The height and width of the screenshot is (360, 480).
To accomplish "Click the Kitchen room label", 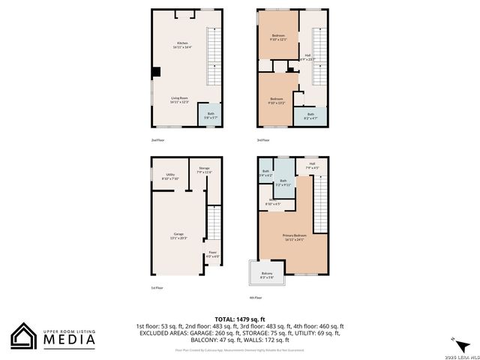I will coord(183,45).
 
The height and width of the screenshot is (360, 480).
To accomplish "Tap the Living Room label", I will coord(178,100).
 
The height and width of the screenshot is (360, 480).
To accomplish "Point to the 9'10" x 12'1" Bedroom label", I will coord(277,37).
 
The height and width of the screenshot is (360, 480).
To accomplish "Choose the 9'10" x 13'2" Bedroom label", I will coord(277,100).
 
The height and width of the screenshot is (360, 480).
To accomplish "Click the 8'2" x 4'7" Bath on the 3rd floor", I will coord(310,116).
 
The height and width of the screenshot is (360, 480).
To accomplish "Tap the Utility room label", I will coord(170,176).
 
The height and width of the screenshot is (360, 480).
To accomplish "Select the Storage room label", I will coord(204,171).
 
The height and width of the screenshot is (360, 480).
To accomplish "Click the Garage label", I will coord(178,235).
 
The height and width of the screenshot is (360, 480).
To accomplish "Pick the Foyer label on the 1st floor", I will coord(213,253).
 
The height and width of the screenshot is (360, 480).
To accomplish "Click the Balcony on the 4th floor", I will coord(267,274).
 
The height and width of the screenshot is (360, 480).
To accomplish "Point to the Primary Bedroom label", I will coord(294,238).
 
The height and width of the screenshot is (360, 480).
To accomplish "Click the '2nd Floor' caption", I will coord(157,140).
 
